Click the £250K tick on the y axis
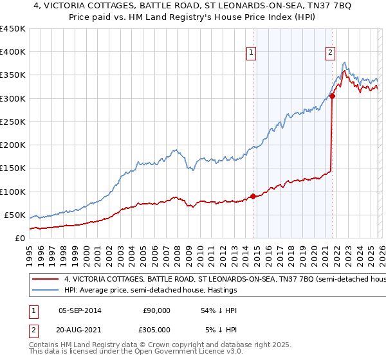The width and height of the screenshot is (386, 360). pos(13,122)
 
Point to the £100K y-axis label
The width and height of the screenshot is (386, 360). pos(13,192)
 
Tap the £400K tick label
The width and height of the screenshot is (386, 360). pos(13,52)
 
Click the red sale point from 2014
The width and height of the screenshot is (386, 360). pos(253,196)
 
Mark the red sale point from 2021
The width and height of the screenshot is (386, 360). pos(332,96)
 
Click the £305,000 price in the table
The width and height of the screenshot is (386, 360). pos(156,329)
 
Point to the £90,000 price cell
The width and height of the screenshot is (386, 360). pos(156,310)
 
